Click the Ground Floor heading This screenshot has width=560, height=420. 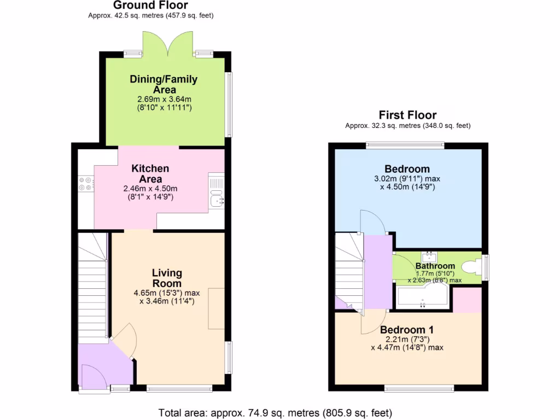coord(150,5)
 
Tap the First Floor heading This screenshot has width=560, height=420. coord(407,115)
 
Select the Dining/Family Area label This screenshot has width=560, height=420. coord(164,84)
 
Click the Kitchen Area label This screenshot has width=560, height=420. coord(150,174)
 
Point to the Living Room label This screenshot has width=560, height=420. coord(167,278)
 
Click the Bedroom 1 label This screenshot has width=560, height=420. coord(407,330)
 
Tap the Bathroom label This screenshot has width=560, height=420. coord(435,266)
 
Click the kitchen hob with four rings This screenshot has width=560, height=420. coord(86,184)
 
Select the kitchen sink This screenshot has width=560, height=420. coord(217,201)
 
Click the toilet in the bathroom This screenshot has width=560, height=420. coord(472,267)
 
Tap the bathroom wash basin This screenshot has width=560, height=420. coord(429,255)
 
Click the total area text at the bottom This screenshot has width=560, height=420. coord(275,412)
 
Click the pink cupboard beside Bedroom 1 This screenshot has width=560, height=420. coord(468,300)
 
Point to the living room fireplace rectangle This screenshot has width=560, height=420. coord(216,308)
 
